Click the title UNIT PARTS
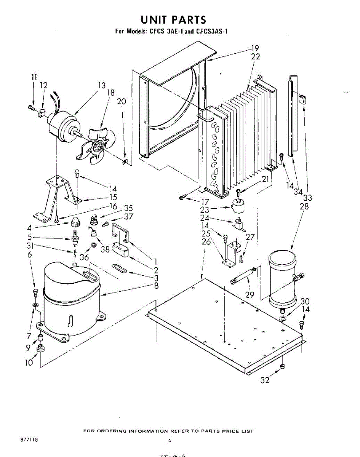click(173, 19)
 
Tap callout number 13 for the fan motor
click(101, 86)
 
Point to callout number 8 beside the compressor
click(157, 285)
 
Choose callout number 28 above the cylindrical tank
click(304, 207)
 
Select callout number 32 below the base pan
click(265, 380)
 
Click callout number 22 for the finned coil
click(256, 56)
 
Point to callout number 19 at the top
click(255, 48)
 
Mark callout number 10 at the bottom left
click(29, 363)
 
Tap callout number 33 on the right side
click(307, 198)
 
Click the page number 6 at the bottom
click(170, 441)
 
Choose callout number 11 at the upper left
click(34, 77)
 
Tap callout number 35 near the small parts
click(128, 208)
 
